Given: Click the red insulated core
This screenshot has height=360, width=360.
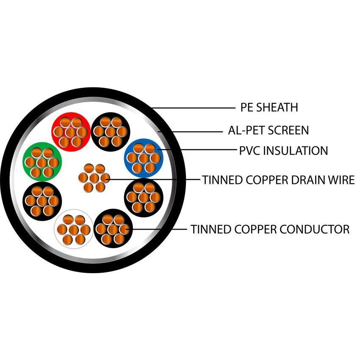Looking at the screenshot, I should (70, 131).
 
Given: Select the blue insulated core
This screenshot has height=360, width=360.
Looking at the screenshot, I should (144, 158).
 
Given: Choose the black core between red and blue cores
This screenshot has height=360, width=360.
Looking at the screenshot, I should (110, 131).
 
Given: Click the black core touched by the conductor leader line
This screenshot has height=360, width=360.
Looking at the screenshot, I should (113, 229).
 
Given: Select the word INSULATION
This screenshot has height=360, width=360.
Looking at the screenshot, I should (296, 150).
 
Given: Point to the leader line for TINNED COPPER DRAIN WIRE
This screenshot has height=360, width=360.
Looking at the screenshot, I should (152, 180).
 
